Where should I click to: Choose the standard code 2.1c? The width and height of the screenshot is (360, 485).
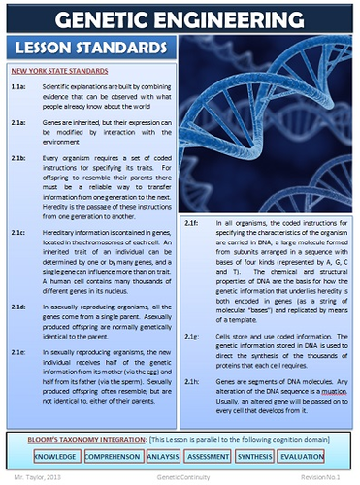(18, 234)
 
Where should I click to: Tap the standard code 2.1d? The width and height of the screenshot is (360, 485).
(18, 305)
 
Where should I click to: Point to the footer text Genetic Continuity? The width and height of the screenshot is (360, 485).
(180, 477)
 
